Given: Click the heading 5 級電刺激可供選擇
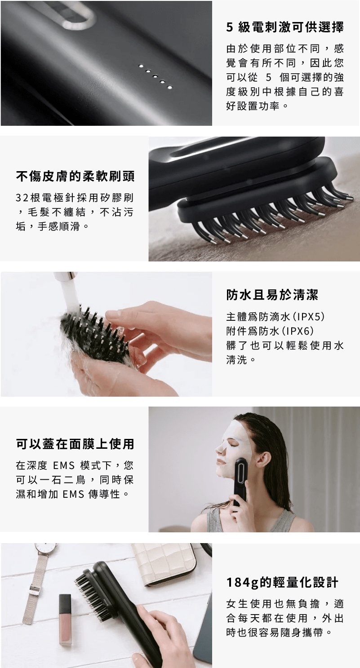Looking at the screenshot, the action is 285,27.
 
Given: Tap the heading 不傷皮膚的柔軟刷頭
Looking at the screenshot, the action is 76,176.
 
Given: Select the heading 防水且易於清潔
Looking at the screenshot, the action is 272,295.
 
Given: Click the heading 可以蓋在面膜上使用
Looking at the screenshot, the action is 75,444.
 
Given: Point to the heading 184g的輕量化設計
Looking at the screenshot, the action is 282,582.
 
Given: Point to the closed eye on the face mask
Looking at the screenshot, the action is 232,444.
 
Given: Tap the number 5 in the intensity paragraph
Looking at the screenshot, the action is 268,77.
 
